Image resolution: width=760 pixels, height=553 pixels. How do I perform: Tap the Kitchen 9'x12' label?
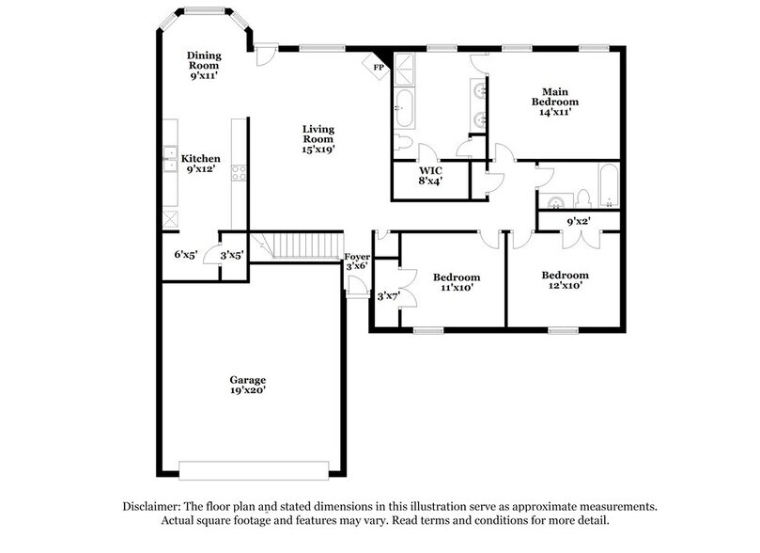tap(201, 165)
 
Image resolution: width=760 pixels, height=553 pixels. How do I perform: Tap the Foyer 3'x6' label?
tap(357, 261)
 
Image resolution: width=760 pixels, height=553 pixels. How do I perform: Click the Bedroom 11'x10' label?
tap(457, 283)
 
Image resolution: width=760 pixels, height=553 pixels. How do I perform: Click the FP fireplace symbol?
tap(378, 67)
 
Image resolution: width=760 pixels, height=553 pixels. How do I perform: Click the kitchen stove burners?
tap(239, 172)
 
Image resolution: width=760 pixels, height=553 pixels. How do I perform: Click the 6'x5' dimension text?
tap(186, 254)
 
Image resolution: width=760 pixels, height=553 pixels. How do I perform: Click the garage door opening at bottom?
tap(254, 469)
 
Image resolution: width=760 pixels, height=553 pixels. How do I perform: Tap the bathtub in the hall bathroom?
tap(607, 185)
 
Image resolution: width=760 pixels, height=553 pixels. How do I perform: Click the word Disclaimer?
tap(155, 506)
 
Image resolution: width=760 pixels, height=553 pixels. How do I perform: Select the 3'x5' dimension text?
tap(231, 254)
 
